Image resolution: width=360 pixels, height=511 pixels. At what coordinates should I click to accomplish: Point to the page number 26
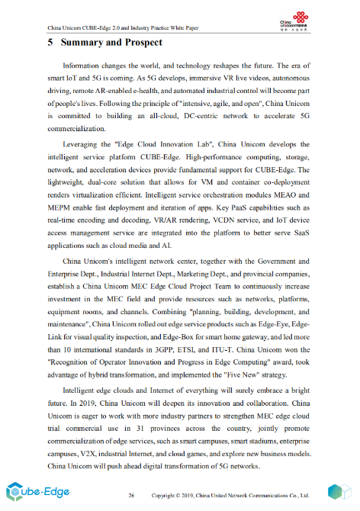click(x=131, y=495)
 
